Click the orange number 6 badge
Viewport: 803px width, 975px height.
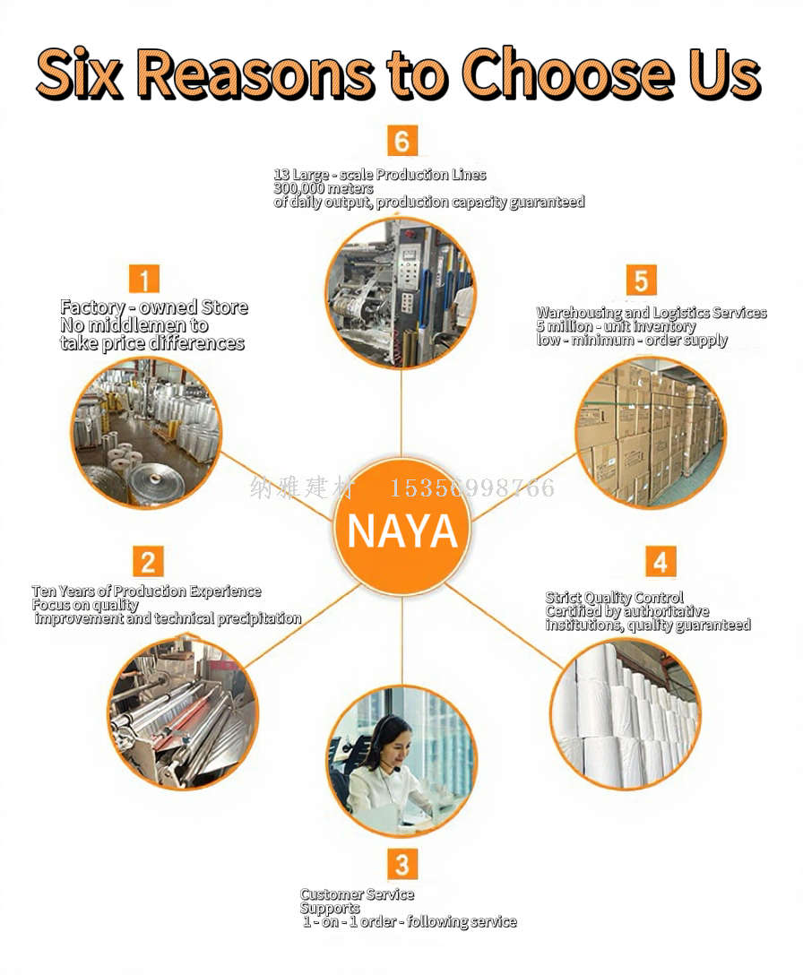point(402,141)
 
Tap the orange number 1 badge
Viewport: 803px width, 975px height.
point(144,278)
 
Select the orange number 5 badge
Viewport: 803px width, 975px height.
point(640,280)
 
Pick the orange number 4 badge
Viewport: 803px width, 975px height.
point(661,562)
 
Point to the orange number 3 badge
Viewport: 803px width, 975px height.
point(402,864)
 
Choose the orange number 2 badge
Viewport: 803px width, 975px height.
point(148,562)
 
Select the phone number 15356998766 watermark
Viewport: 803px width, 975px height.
point(471,488)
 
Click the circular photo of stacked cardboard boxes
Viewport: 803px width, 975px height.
point(650,432)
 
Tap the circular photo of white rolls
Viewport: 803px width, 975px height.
point(625,713)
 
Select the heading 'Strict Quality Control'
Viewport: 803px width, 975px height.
point(615,598)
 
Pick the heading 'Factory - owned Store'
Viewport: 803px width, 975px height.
point(154,307)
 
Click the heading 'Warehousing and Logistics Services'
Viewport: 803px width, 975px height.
point(652,313)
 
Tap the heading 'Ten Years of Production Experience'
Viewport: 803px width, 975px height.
point(147,591)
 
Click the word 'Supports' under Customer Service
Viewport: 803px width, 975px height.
point(330,908)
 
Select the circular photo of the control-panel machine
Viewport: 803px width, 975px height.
point(401,293)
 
